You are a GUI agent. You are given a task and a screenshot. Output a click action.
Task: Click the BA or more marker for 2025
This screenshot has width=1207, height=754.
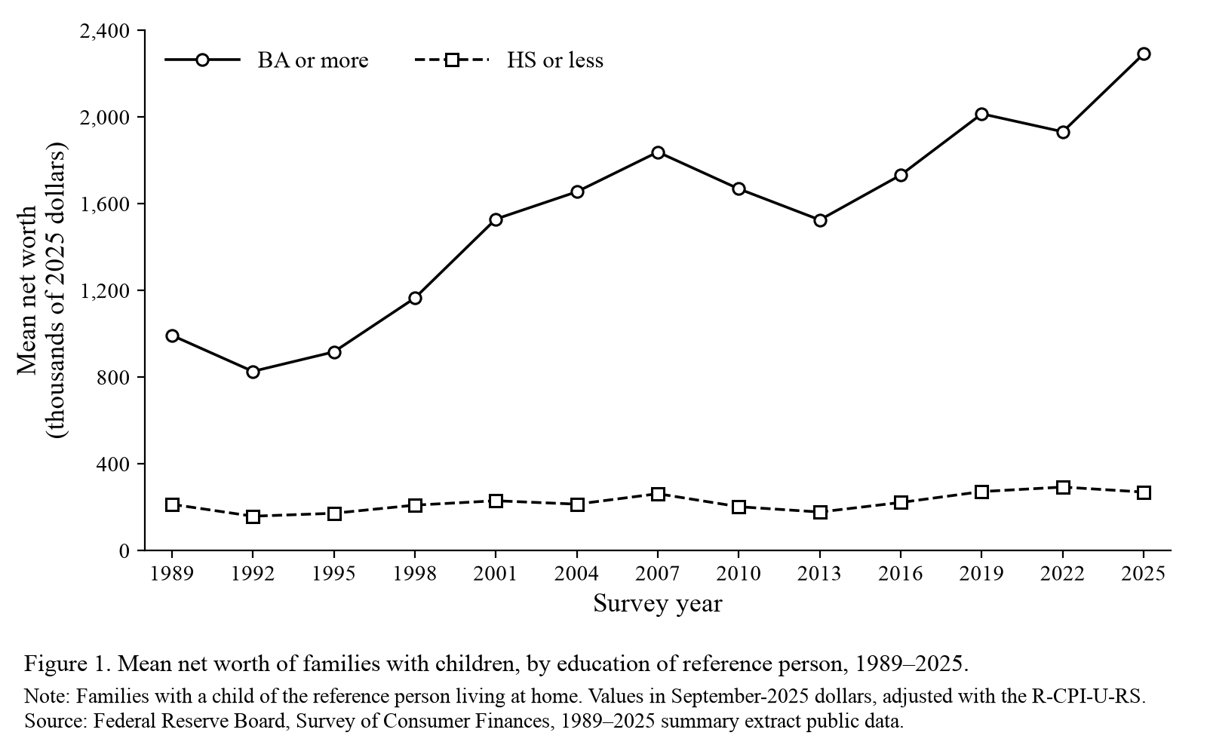tap(1144, 54)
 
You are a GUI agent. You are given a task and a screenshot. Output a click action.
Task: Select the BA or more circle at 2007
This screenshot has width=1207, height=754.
tap(657, 152)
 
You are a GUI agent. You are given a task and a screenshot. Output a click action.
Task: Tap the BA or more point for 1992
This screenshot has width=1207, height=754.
tap(253, 372)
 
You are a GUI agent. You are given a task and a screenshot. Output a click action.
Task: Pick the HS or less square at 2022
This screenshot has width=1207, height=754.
tap(1063, 487)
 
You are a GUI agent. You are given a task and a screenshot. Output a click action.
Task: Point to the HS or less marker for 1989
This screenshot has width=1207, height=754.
tap(172, 504)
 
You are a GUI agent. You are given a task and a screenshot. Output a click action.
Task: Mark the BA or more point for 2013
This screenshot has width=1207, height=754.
tap(819, 220)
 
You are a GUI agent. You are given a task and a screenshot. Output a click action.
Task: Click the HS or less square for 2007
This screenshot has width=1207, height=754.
tap(657, 494)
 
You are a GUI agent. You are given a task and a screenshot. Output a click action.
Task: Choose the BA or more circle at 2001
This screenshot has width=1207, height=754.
tap(496, 219)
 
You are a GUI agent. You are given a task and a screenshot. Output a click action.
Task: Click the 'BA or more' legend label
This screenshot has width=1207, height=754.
tap(313, 60)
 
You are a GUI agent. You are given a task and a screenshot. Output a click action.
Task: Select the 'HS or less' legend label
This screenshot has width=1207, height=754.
tap(555, 60)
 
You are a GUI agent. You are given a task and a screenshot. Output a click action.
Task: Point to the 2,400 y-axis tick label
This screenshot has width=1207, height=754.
tap(105, 31)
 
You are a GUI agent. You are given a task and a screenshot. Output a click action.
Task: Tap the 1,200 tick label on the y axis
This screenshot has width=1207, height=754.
tap(105, 290)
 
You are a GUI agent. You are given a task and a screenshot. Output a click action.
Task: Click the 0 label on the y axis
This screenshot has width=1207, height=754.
tap(124, 550)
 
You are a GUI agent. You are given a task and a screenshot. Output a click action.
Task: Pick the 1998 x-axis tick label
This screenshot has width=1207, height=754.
tap(415, 573)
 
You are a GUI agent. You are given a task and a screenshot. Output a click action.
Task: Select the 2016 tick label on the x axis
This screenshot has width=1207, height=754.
tap(901, 573)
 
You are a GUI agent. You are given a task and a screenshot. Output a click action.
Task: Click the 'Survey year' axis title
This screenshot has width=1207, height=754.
tap(657, 604)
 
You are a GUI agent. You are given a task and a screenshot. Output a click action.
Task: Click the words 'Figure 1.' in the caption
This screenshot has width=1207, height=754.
tap(67, 664)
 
